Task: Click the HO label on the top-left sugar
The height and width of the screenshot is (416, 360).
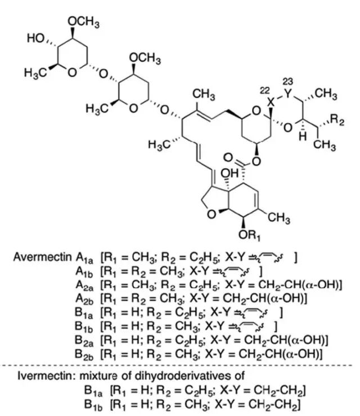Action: point(35,38)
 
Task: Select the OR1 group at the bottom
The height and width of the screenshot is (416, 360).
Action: point(249,236)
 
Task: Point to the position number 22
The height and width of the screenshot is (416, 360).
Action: point(264,91)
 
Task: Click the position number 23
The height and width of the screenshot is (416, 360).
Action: point(288,81)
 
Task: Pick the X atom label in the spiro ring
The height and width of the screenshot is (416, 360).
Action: point(271,102)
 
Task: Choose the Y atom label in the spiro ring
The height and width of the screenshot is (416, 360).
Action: point(287,93)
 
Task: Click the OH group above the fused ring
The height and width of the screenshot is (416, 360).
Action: point(229,173)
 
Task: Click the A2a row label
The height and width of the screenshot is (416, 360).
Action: point(84,286)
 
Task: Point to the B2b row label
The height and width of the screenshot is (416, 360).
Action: point(84,355)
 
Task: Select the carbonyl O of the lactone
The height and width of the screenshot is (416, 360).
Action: point(228,157)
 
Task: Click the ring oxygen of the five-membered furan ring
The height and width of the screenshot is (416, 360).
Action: point(211,214)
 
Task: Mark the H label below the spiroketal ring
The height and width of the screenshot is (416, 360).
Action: point(303,137)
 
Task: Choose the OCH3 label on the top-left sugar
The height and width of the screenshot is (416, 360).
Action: point(84,22)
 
